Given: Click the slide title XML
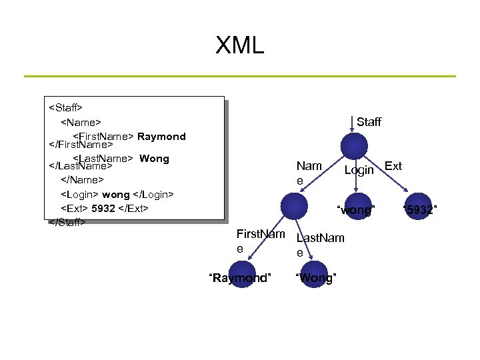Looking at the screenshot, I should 240,45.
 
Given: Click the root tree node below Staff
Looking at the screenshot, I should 353,147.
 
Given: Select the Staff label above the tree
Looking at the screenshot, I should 369,122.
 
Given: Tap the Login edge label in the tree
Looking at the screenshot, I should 359,170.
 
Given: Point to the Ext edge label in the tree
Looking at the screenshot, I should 393,166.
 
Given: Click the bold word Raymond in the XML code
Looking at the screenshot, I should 161,137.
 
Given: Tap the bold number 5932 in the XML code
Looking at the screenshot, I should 103,208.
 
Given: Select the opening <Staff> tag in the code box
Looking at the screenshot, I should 66,106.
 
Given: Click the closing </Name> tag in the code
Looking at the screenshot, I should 83,179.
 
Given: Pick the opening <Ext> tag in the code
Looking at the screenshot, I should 75,208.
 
